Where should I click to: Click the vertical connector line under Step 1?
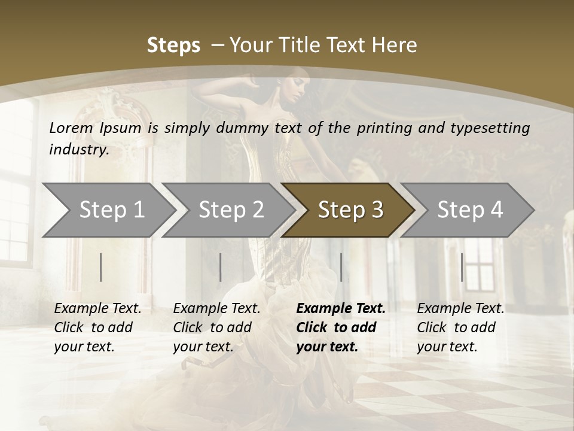pos(101,267)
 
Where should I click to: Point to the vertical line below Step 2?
pos(221,267)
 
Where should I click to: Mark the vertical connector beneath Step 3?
pos(341,267)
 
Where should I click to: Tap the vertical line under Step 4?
pos(462,267)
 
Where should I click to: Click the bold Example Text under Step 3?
pos(341,309)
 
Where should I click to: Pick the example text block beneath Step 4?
pos(460,327)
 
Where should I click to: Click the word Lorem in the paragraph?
pos(71,128)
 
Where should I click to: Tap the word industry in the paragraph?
pos(78,150)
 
